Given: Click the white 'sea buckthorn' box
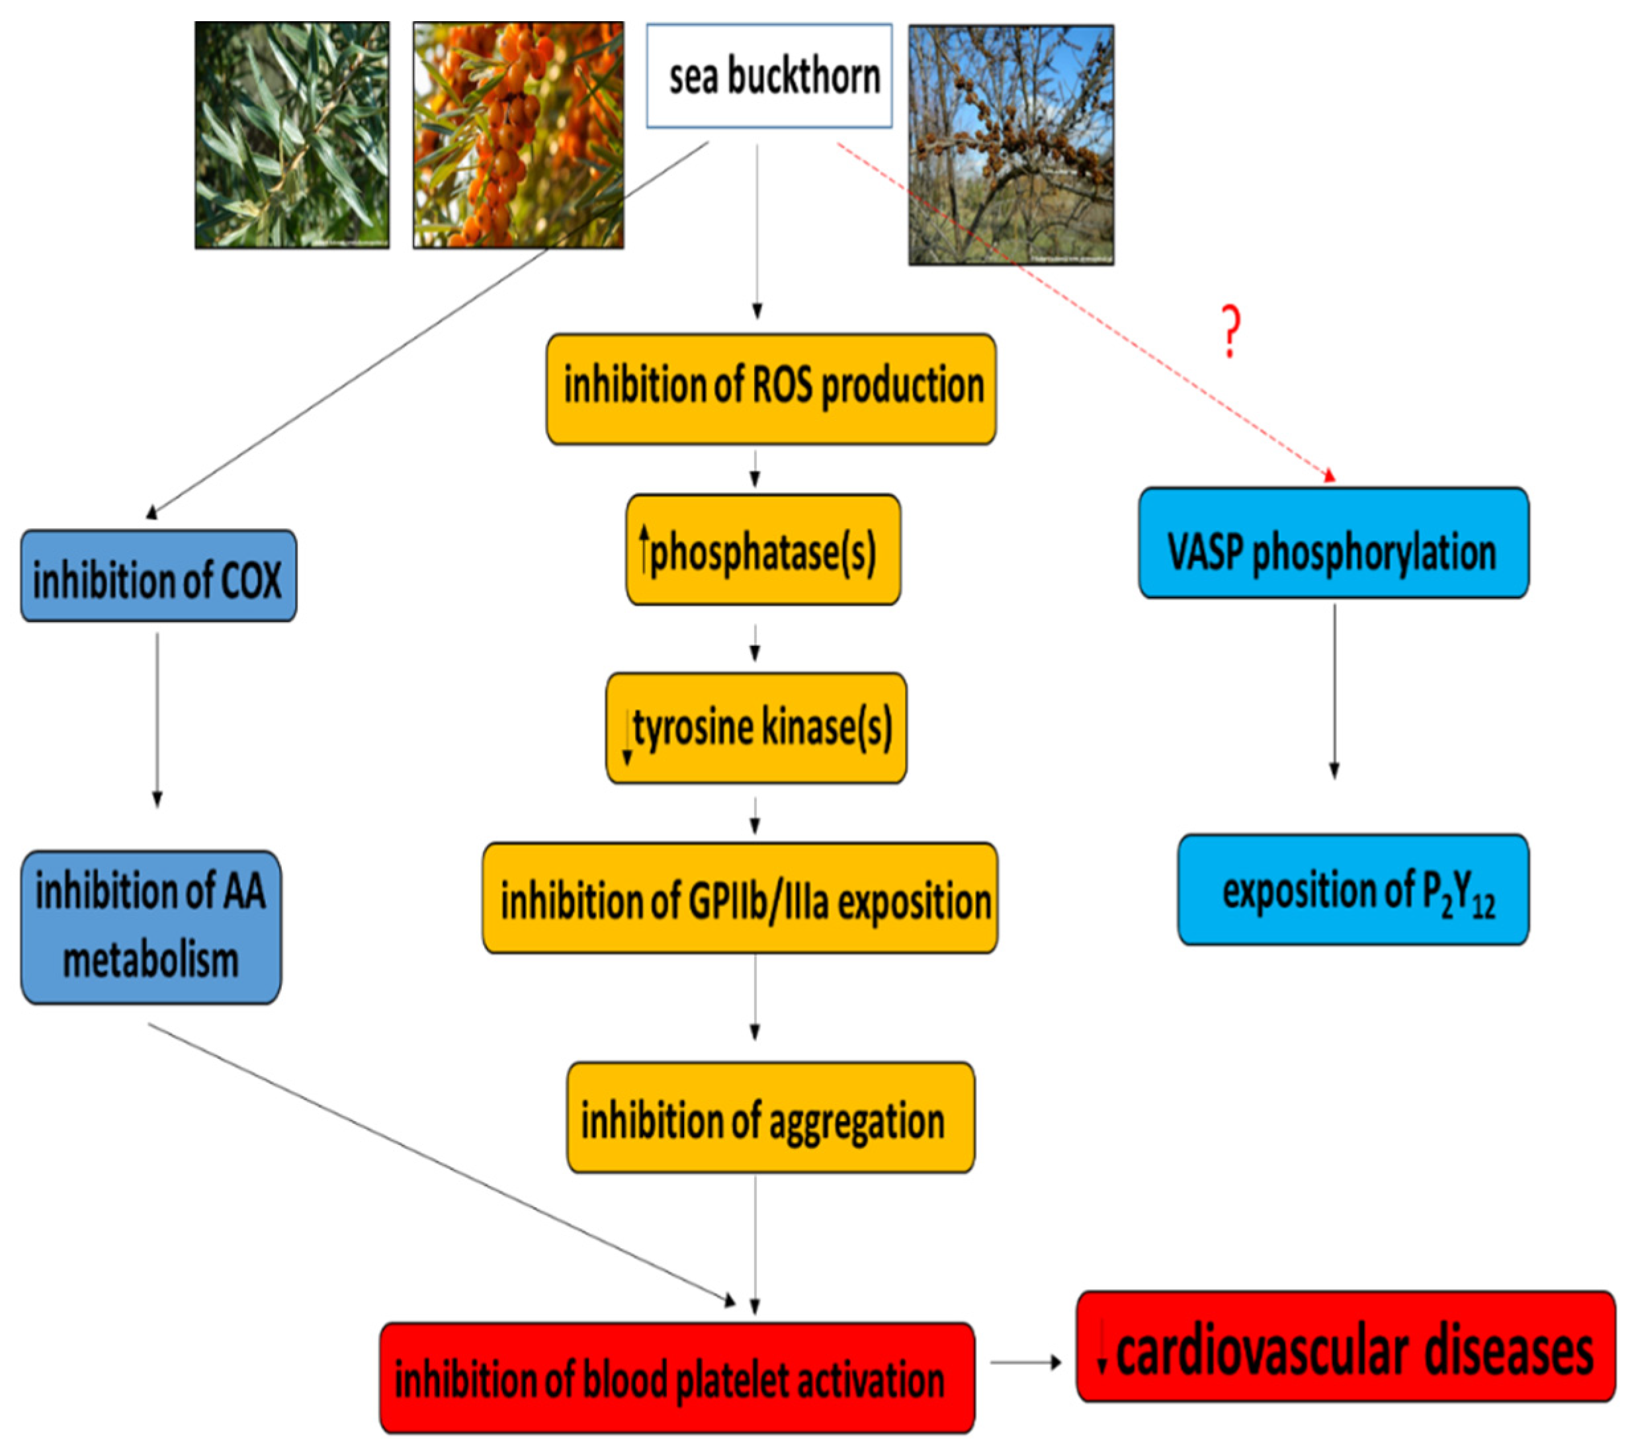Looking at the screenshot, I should click(768, 77).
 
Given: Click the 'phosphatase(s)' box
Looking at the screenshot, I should click(763, 550).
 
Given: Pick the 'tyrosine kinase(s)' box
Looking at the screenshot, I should click(755, 727).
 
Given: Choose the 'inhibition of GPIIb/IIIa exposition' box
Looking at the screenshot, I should click(740, 898).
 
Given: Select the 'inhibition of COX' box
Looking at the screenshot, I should click(158, 576).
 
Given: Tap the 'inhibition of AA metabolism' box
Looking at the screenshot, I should click(151, 926).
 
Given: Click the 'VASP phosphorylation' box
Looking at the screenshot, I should click(1333, 543).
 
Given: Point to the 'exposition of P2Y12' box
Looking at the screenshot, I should click(1353, 890).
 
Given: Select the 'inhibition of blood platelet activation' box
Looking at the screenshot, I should click(677, 1378).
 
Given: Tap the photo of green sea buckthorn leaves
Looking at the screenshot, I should click(292, 135).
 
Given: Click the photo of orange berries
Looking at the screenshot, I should click(518, 135).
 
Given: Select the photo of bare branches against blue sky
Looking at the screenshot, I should click(1011, 144).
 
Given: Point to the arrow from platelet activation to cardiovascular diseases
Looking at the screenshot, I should click(1025, 1362).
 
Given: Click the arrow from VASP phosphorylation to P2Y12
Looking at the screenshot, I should click(1334, 689).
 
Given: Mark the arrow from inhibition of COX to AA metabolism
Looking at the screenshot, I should click(157, 717).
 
